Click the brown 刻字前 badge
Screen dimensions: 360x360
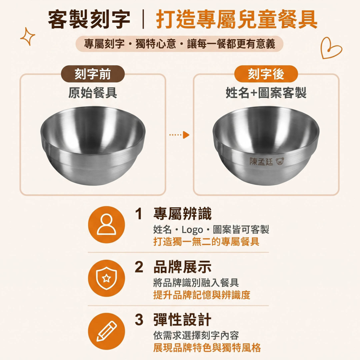coord(93,74)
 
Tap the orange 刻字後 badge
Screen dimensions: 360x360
coord(266,74)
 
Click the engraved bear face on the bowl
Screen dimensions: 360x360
coord(280,161)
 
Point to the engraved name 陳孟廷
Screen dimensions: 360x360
coord(261,161)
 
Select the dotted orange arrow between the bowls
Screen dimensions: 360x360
coord(179,135)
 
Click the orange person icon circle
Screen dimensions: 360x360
coord(107,224)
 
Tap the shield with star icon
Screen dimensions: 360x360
coord(107,278)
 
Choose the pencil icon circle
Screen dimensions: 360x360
coord(107,331)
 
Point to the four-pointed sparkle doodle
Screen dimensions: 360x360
coord(28,36)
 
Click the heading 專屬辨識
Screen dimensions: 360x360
coord(182,214)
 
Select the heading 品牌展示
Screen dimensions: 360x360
coord(182,267)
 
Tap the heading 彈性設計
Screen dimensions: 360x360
coord(182,320)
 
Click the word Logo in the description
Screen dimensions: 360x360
coord(192,230)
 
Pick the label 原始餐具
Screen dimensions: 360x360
coord(93,93)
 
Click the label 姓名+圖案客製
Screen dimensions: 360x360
coord(266,93)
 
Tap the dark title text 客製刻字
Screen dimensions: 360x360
coord(89,19)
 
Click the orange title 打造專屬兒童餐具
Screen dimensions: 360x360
coord(237,19)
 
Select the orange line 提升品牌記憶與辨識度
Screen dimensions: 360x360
coord(202,295)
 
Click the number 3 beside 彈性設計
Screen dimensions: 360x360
coord(139,319)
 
